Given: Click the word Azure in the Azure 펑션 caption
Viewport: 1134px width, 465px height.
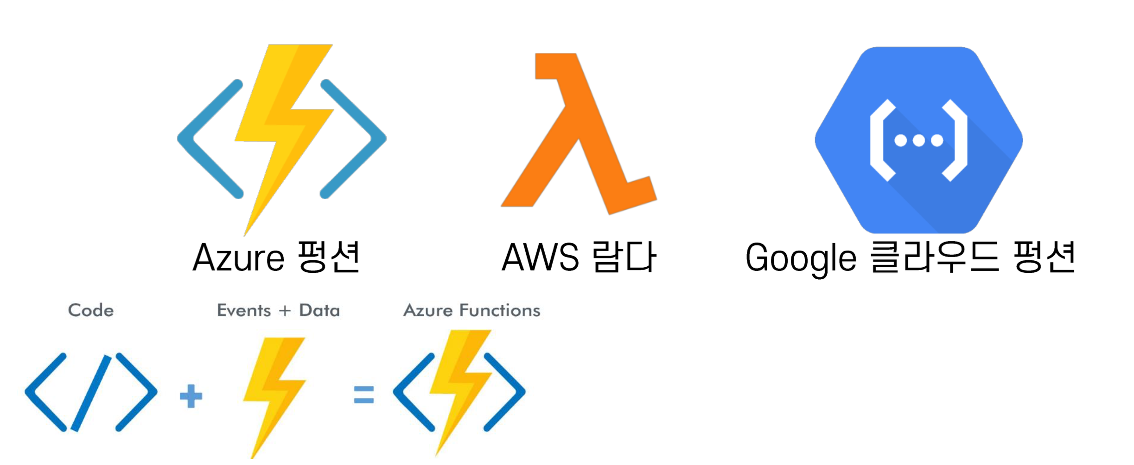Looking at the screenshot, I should pyautogui.click(x=238, y=258).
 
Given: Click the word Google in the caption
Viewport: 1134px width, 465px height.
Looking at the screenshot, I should pyautogui.click(x=801, y=258).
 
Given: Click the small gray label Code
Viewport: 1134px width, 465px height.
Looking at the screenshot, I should pyautogui.click(x=91, y=310).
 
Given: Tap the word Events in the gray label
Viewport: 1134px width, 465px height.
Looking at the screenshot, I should pyautogui.click(x=244, y=310).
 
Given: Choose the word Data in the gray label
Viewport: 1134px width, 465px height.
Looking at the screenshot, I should pyautogui.click(x=319, y=310).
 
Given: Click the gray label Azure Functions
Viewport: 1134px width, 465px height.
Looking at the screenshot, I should pyautogui.click(x=471, y=310).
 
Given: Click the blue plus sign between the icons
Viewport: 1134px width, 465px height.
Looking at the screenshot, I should pyautogui.click(x=191, y=396).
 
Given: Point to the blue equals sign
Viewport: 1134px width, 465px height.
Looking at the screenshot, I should pyautogui.click(x=363, y=395).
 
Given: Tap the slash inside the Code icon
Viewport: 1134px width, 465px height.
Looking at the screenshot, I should pyautogui.click(x=91, y=393).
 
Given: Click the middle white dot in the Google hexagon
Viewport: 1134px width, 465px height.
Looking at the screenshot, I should pyautogui.click(x=918, y=140).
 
